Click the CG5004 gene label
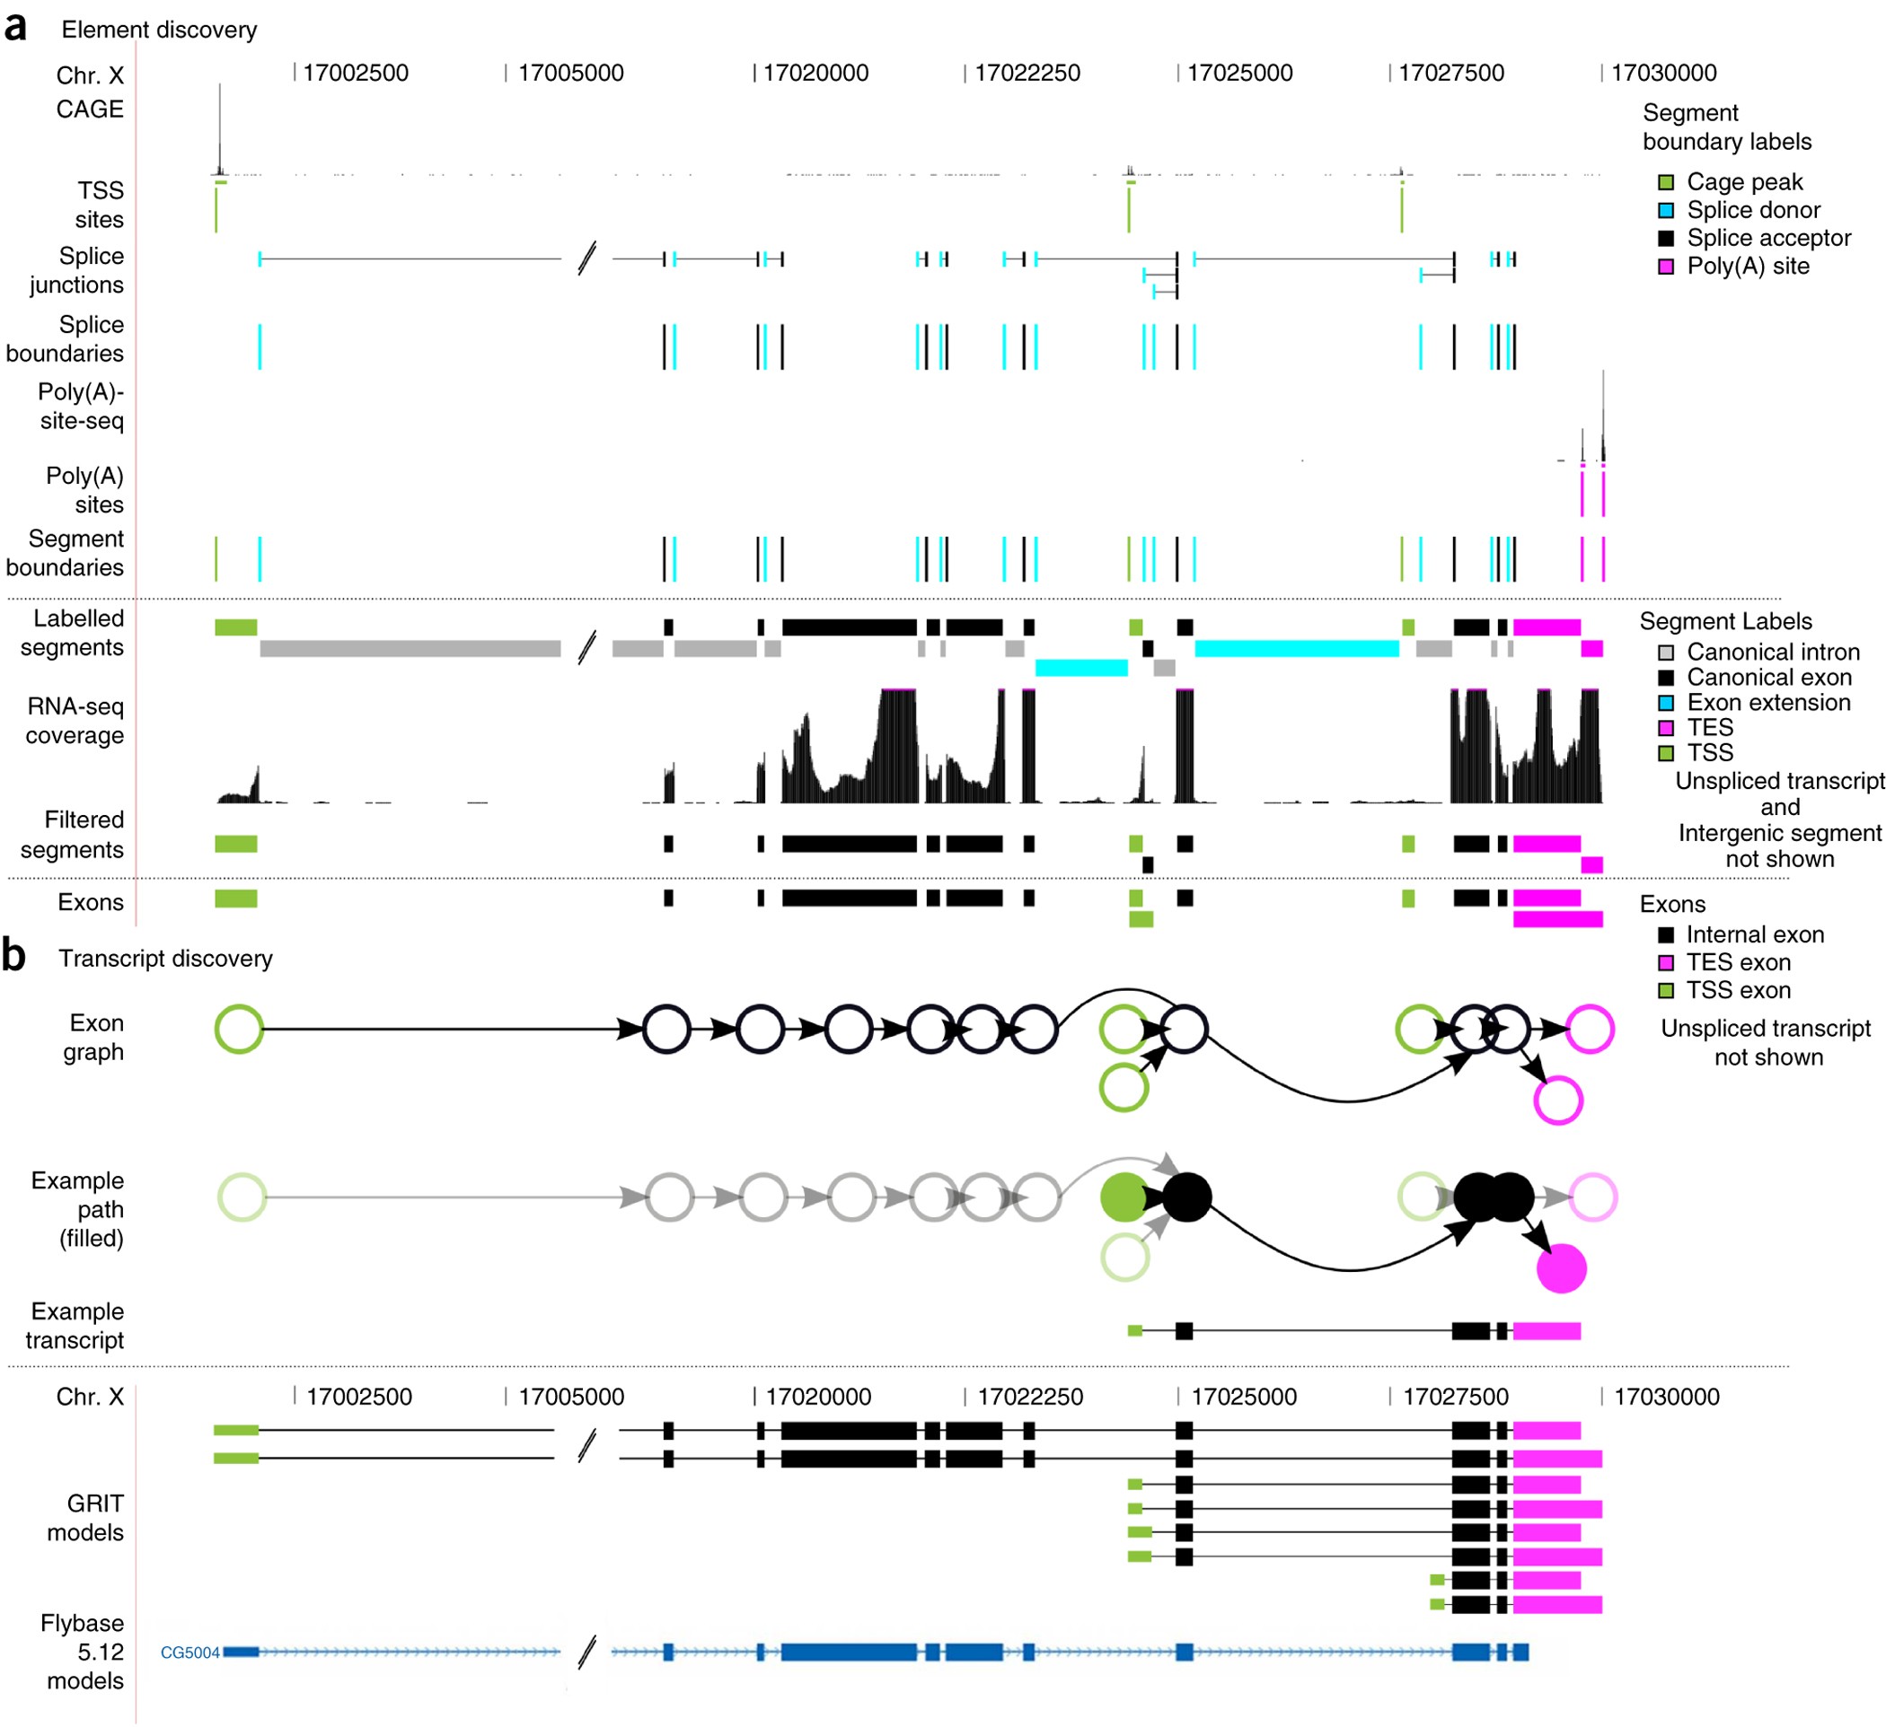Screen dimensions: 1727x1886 pos(189,1652)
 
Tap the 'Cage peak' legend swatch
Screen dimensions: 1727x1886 pos(1665,182)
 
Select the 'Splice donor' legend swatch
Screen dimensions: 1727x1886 pos(1665,210)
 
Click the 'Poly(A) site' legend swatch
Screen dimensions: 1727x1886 pos(1665,267)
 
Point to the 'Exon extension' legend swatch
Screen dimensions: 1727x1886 pos(1665,703)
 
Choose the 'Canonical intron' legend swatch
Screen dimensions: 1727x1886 pos(1665,653)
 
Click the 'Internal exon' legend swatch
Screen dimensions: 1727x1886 pos(1665,935)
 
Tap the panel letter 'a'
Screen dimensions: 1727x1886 pos(15,28)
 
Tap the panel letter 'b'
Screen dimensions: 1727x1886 pos(13,956)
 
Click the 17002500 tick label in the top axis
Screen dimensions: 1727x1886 pos(356,73)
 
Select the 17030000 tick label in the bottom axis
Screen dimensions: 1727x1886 pos(1666,1397)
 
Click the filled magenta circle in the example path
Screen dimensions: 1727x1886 pos(1562,1269)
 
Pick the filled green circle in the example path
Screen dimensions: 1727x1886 pos(1124,1197)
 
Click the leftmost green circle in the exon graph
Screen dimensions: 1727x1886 pos(239,1030)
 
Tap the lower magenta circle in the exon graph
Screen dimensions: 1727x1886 pos(1557,1100)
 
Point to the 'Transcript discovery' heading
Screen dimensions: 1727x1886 pos(165,959)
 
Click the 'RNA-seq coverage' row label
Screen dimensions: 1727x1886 pos(75,721)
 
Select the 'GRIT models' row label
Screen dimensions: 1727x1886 pos(85,1518)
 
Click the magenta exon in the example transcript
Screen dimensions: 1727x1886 pos(1547,1330)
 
